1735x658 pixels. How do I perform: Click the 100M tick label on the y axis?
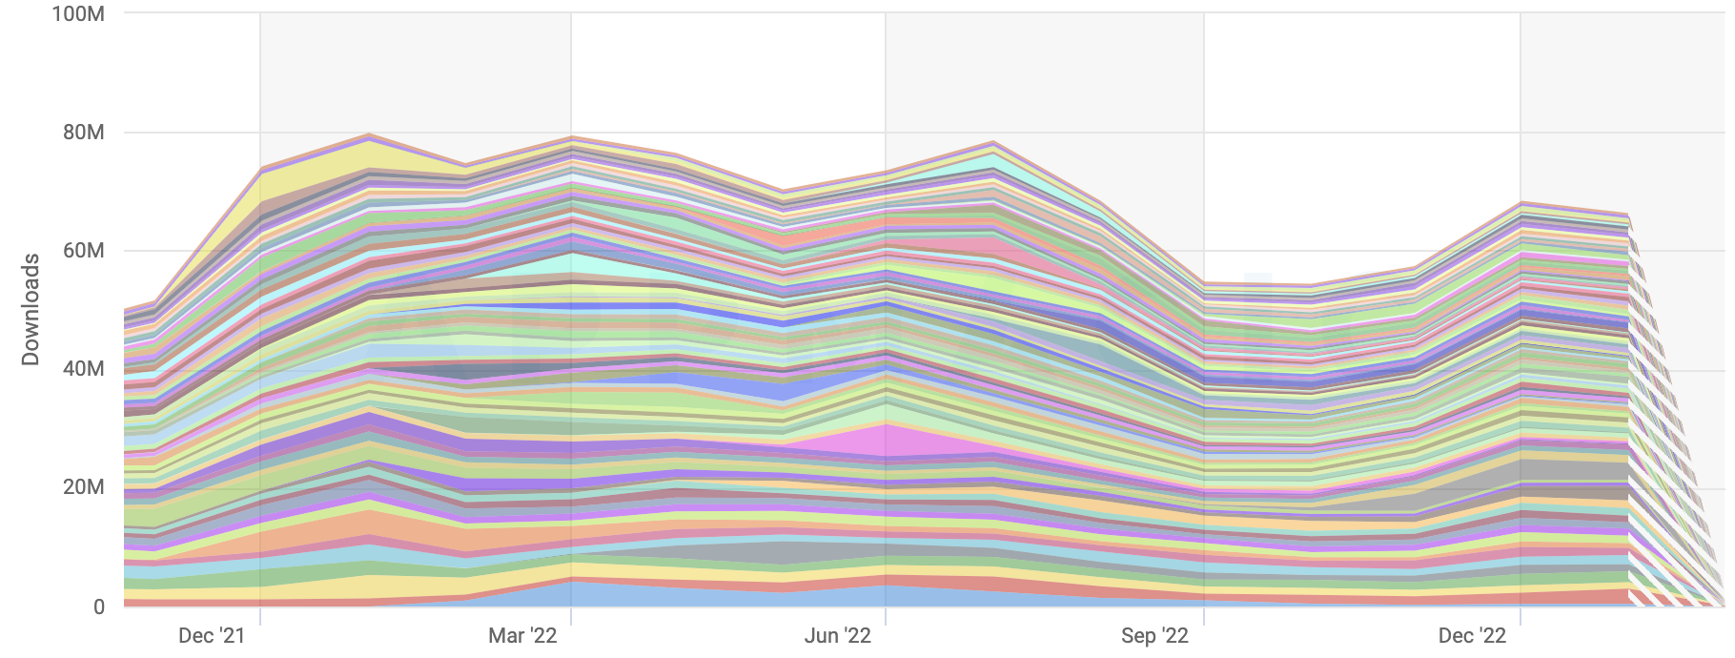[78, 14]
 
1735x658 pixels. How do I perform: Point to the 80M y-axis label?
[83, 133]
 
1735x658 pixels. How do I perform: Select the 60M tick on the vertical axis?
[83, 251]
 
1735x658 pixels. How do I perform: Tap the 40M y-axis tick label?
[83, 369]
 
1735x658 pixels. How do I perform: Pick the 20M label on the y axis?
[83, 487]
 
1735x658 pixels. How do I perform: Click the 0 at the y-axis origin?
[98, 607]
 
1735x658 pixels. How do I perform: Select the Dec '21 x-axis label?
[212, 636]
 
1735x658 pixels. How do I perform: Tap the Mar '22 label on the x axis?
[522, 636]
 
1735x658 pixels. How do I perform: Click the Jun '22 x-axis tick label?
[837, 636]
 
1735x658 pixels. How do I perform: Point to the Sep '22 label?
[1154, 636]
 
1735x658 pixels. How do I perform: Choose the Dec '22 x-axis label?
[1472, 636]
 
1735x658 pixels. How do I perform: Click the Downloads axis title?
[31, 309]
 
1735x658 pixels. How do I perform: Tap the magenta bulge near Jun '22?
[887, 440]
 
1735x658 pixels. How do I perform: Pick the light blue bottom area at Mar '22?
[572, 594]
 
